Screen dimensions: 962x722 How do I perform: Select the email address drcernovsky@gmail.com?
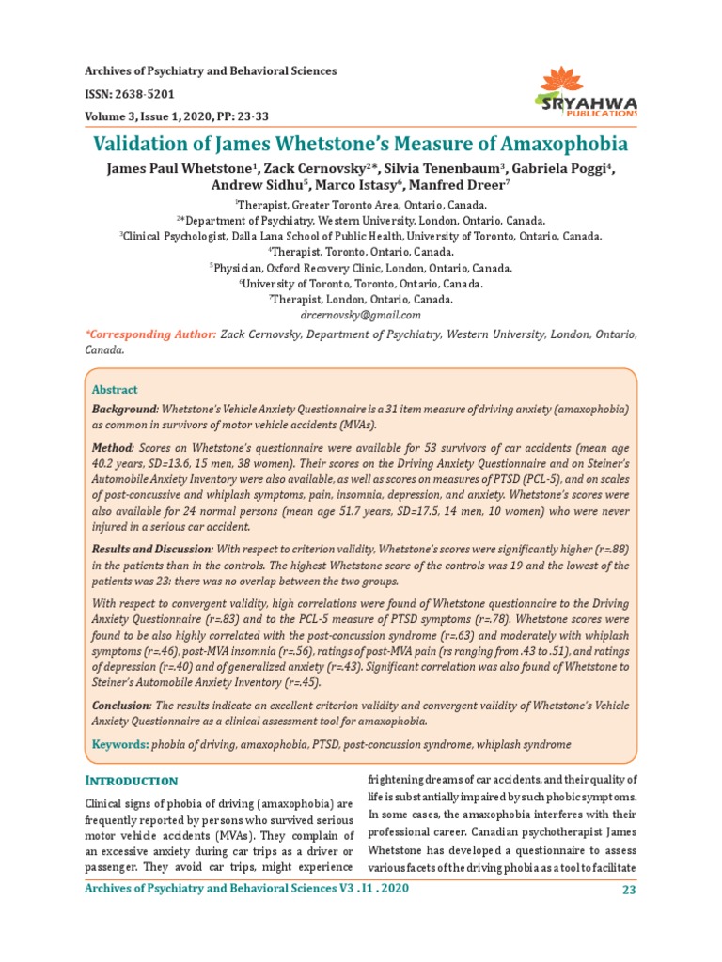click(360, 315)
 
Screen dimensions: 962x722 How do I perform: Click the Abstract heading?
click(114, 389)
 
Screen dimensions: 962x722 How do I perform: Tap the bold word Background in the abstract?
click(123, 411)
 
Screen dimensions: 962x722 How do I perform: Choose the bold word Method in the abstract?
click(111, 449)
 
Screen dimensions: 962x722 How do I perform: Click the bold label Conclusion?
click(121, 705)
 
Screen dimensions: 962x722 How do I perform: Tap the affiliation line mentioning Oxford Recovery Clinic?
click(360, 267)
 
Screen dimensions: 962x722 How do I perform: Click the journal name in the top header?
click(211, 72)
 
